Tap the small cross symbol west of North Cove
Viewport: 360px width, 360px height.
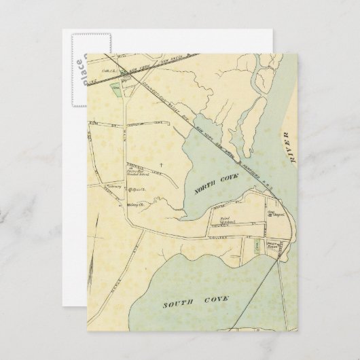tap(161, 165)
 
